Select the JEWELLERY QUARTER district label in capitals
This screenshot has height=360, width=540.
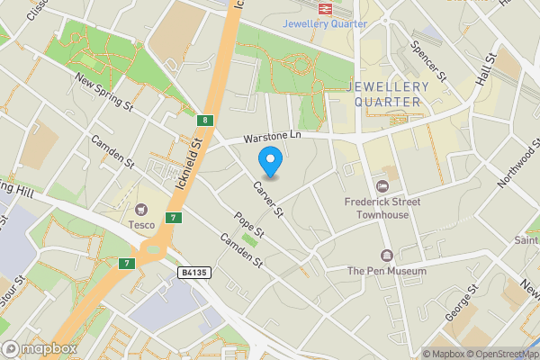coord(387,94)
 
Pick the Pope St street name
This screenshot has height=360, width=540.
coord(248,226)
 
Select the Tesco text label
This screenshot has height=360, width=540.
coord(142,224)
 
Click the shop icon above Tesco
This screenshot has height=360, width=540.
coord(142,208)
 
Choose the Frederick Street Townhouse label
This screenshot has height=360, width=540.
coord(382,208)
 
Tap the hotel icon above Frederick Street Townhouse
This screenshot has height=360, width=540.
coord(382,186)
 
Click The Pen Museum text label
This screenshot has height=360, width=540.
coord(386,270)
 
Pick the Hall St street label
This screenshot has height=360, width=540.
coord(487,69)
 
